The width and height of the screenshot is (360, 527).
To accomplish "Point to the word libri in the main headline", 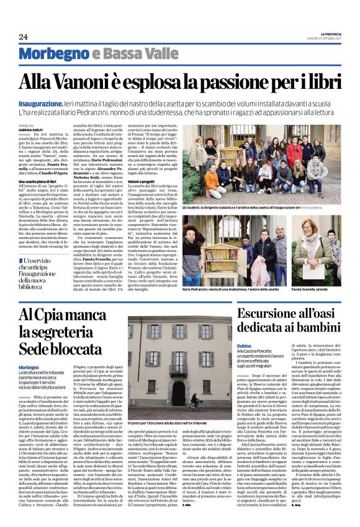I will click(x=320, y=82).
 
